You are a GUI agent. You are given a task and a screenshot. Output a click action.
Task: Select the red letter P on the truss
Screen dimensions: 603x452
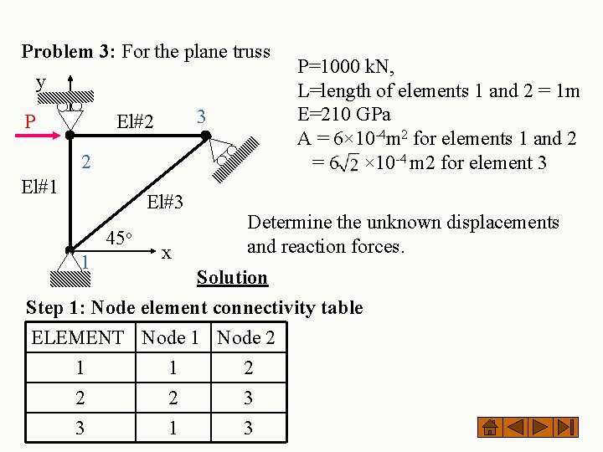coord(30,122)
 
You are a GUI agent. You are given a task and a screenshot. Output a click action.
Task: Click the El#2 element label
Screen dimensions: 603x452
coord(135,122)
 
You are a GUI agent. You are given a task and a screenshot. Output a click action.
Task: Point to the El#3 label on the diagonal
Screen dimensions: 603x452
coord(164,201)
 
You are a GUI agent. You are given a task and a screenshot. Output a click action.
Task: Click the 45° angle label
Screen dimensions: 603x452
coord(123,238)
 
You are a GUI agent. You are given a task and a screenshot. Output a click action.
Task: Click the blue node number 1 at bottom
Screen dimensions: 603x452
coord(85,262)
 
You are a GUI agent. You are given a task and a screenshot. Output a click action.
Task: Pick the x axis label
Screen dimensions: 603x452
coord(167,252)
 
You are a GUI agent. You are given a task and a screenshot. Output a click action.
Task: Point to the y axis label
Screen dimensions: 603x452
coord(40,82)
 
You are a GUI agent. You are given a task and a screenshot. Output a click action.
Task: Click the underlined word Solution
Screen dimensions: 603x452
coord(232,277)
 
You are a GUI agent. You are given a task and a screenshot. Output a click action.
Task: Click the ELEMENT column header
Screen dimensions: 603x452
coord(77,338)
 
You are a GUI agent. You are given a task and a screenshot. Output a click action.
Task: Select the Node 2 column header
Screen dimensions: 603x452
coord(245,338)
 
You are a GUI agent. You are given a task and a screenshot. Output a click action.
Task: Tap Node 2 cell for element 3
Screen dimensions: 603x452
coord(247,428)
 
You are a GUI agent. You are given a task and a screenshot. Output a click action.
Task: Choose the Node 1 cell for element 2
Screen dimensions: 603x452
coord(172,398)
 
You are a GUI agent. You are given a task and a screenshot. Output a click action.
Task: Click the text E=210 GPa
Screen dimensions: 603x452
coord(344,114)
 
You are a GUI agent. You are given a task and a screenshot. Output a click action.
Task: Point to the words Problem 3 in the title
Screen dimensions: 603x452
coord(69,51)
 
